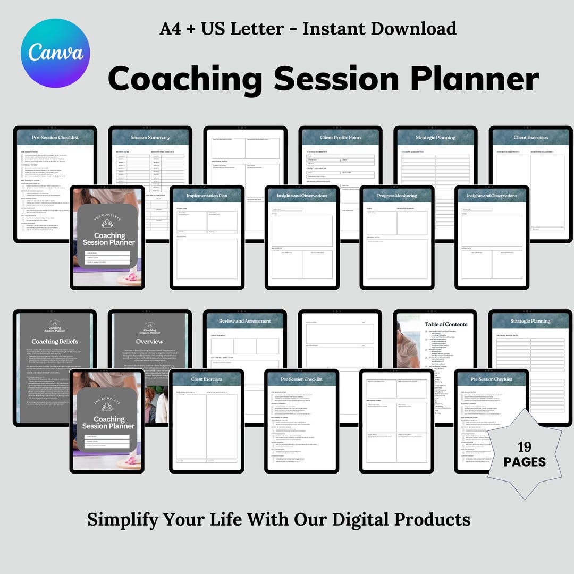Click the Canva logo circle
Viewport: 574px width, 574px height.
55,52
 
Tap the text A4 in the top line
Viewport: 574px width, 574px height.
173,29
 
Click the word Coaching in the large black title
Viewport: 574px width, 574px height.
185,79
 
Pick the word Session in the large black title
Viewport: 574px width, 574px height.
336,79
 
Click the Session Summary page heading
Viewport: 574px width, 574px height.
150,138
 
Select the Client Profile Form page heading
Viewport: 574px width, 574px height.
340,138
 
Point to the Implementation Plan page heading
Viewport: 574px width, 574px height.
207,196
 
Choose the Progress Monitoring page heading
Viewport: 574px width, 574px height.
397,196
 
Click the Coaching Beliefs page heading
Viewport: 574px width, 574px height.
55,342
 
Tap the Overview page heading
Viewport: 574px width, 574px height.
150,342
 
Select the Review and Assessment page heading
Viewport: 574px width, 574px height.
245,321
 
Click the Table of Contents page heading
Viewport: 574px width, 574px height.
445,324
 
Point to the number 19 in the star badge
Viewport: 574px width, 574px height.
525,446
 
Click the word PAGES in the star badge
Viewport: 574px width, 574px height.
525,462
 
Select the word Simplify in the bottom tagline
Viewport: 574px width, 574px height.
123,519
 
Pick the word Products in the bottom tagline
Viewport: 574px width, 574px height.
435,519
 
